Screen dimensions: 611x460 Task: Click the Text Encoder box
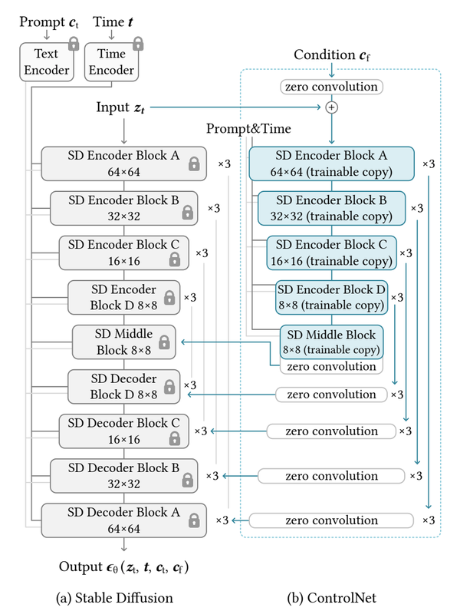(x=46, y=62)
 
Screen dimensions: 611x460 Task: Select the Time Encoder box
(x=110, y=62)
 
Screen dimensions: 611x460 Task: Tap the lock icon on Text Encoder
(x=74, y=45)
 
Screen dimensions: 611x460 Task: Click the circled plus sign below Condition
(x=332, y=108)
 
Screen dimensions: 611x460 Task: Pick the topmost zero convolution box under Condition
(x=332, y=87)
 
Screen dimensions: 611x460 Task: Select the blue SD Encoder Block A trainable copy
(x=331, y=163)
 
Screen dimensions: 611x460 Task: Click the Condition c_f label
(x=331, y=56)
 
